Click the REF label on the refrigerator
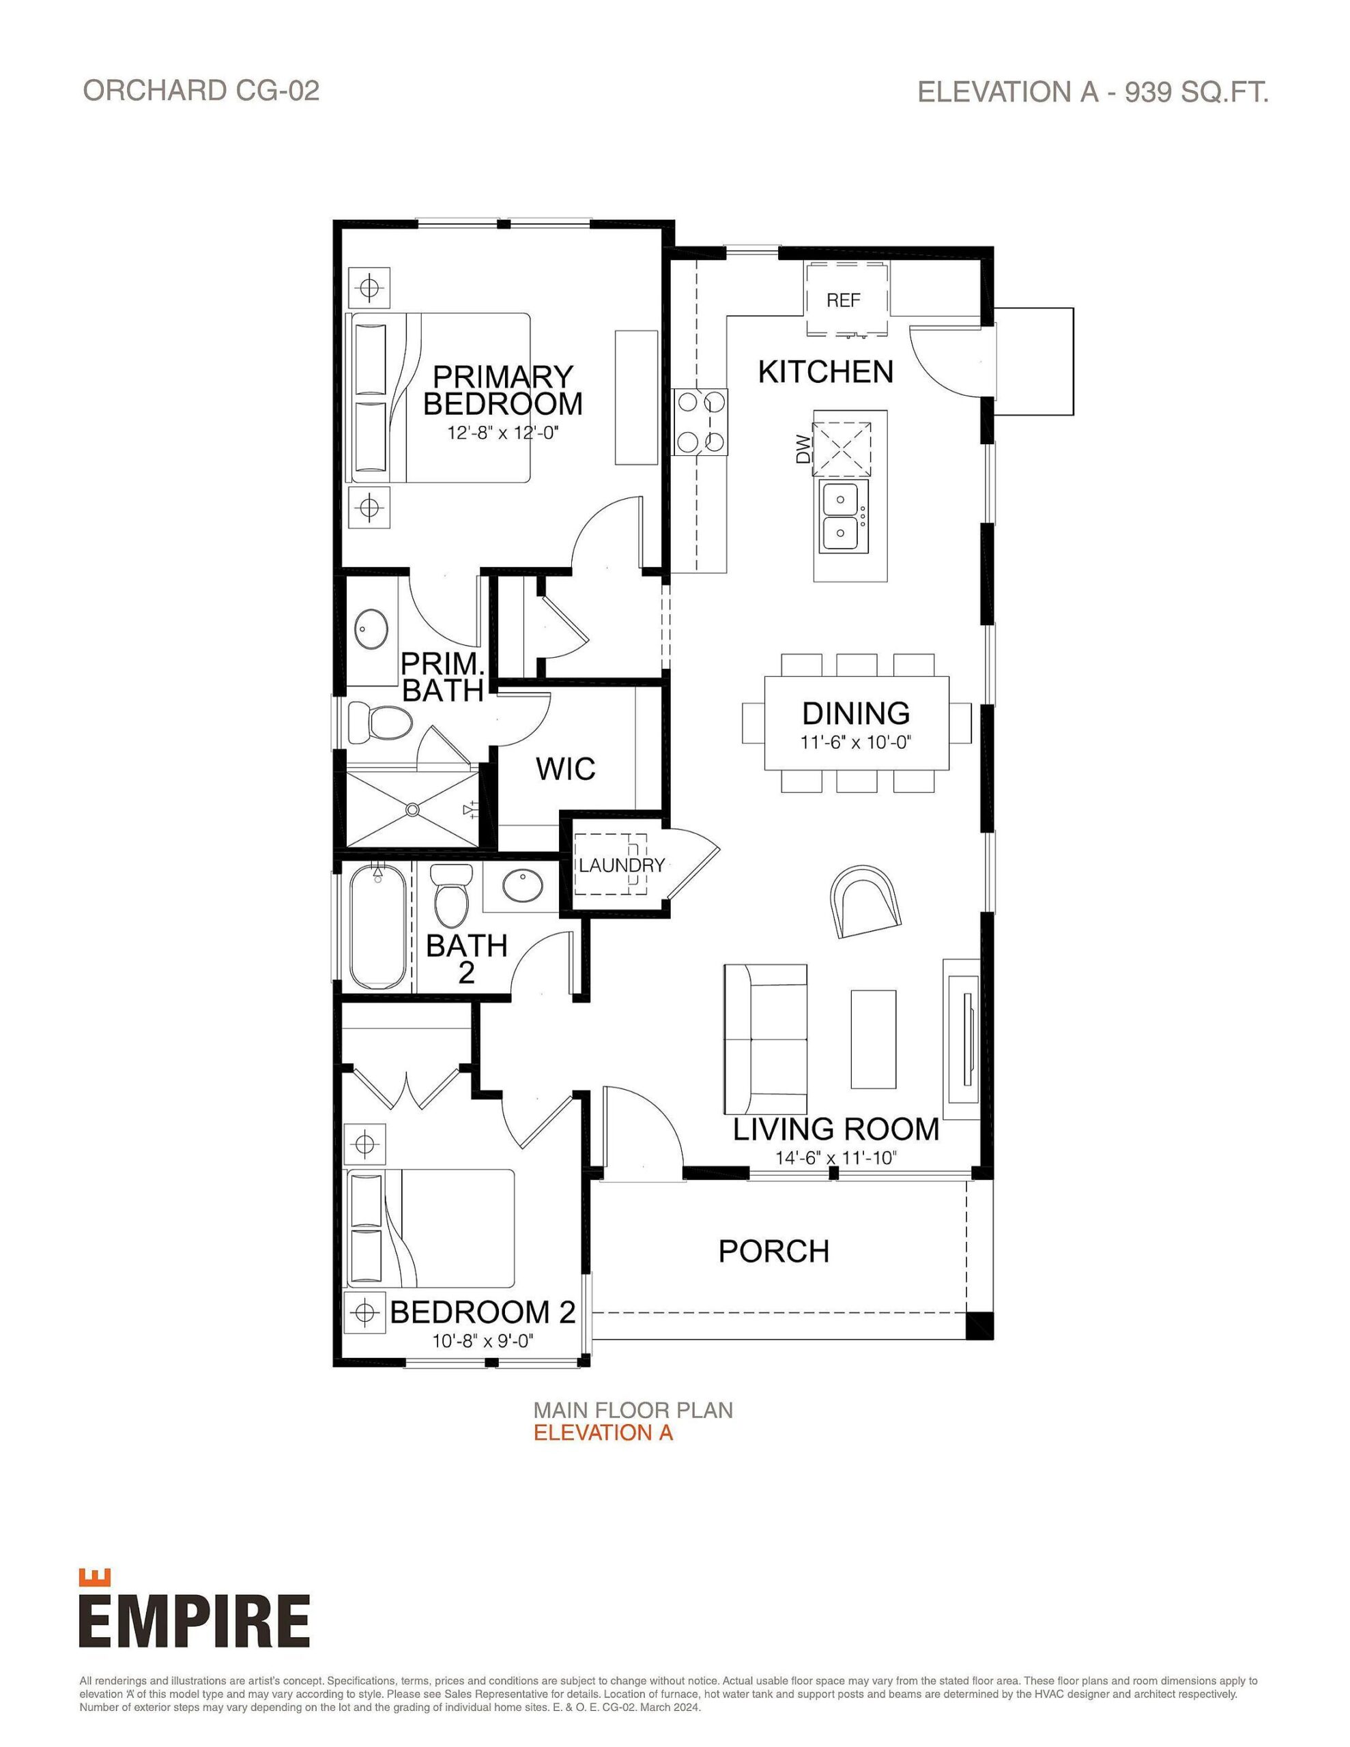843,301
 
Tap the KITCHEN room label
825,372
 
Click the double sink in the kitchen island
844,517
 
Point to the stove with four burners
702,421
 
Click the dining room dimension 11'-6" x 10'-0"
855,742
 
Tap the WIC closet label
565,768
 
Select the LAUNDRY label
622,865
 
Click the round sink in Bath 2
523,886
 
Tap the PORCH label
773,1252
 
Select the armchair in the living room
864,901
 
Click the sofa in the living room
764,1038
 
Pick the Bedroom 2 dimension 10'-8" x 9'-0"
483,1341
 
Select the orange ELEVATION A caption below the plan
603,1432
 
